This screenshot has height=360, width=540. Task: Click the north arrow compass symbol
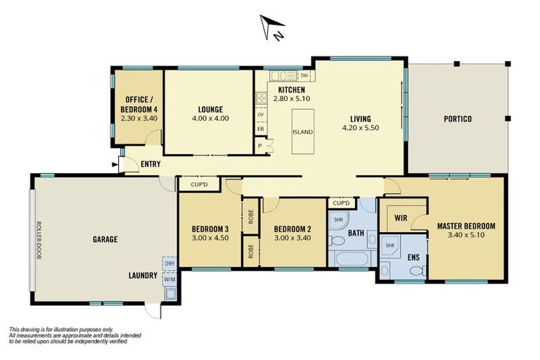pos(269,27)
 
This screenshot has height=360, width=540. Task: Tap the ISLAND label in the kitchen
pos(303,132)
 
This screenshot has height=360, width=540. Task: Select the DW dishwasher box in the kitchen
pos(304,75)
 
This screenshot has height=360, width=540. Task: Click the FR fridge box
pos(260,129)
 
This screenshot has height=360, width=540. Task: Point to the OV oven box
pos(260,114)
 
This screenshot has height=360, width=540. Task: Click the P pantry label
pos(260,146)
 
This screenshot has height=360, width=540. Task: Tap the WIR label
pos(401,218)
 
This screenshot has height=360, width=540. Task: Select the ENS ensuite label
pos(413,257)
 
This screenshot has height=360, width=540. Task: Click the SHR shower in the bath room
pos(338,219)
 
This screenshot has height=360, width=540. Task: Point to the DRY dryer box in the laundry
pos(169,264)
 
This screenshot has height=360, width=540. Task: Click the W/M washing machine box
pos(169,278)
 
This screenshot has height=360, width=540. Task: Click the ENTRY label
pos(150,165)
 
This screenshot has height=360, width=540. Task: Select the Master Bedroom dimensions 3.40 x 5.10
pos(465,236)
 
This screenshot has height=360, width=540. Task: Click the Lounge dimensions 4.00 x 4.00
pos(210,119)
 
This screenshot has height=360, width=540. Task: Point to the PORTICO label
pos(457,119)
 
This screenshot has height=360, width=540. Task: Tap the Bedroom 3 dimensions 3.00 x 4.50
pos(210,238)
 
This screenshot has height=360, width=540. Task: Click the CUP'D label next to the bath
pos(341,203)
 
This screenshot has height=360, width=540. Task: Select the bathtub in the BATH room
pos(350,259)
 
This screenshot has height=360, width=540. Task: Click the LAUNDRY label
pos(143,275)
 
